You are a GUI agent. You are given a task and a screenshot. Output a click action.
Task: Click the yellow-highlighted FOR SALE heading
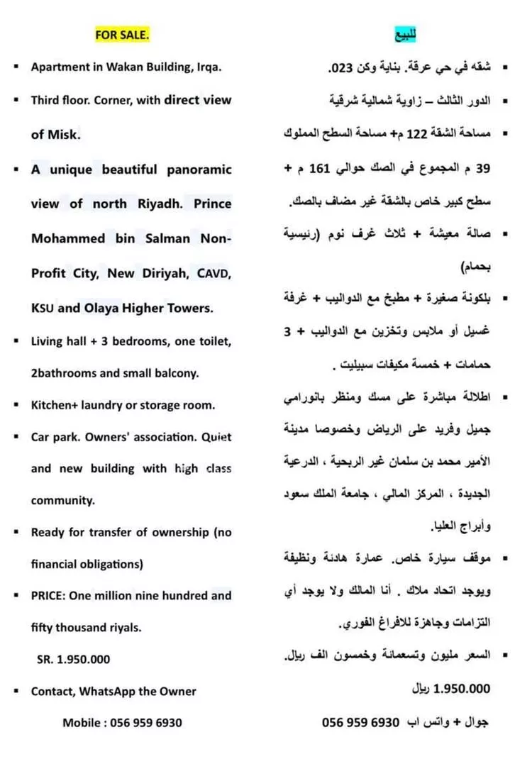(123, 34)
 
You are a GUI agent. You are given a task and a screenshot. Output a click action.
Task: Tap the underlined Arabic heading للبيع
(405, 33)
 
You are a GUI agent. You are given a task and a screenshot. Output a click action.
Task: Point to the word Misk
(63, 134)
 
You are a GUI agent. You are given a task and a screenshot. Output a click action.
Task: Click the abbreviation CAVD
(214, 273)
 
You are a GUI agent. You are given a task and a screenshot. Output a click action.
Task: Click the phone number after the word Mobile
(145, 722)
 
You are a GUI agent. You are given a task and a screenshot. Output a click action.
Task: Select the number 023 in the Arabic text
(341, 70)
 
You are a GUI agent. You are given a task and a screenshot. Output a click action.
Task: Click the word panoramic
(199, 170)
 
